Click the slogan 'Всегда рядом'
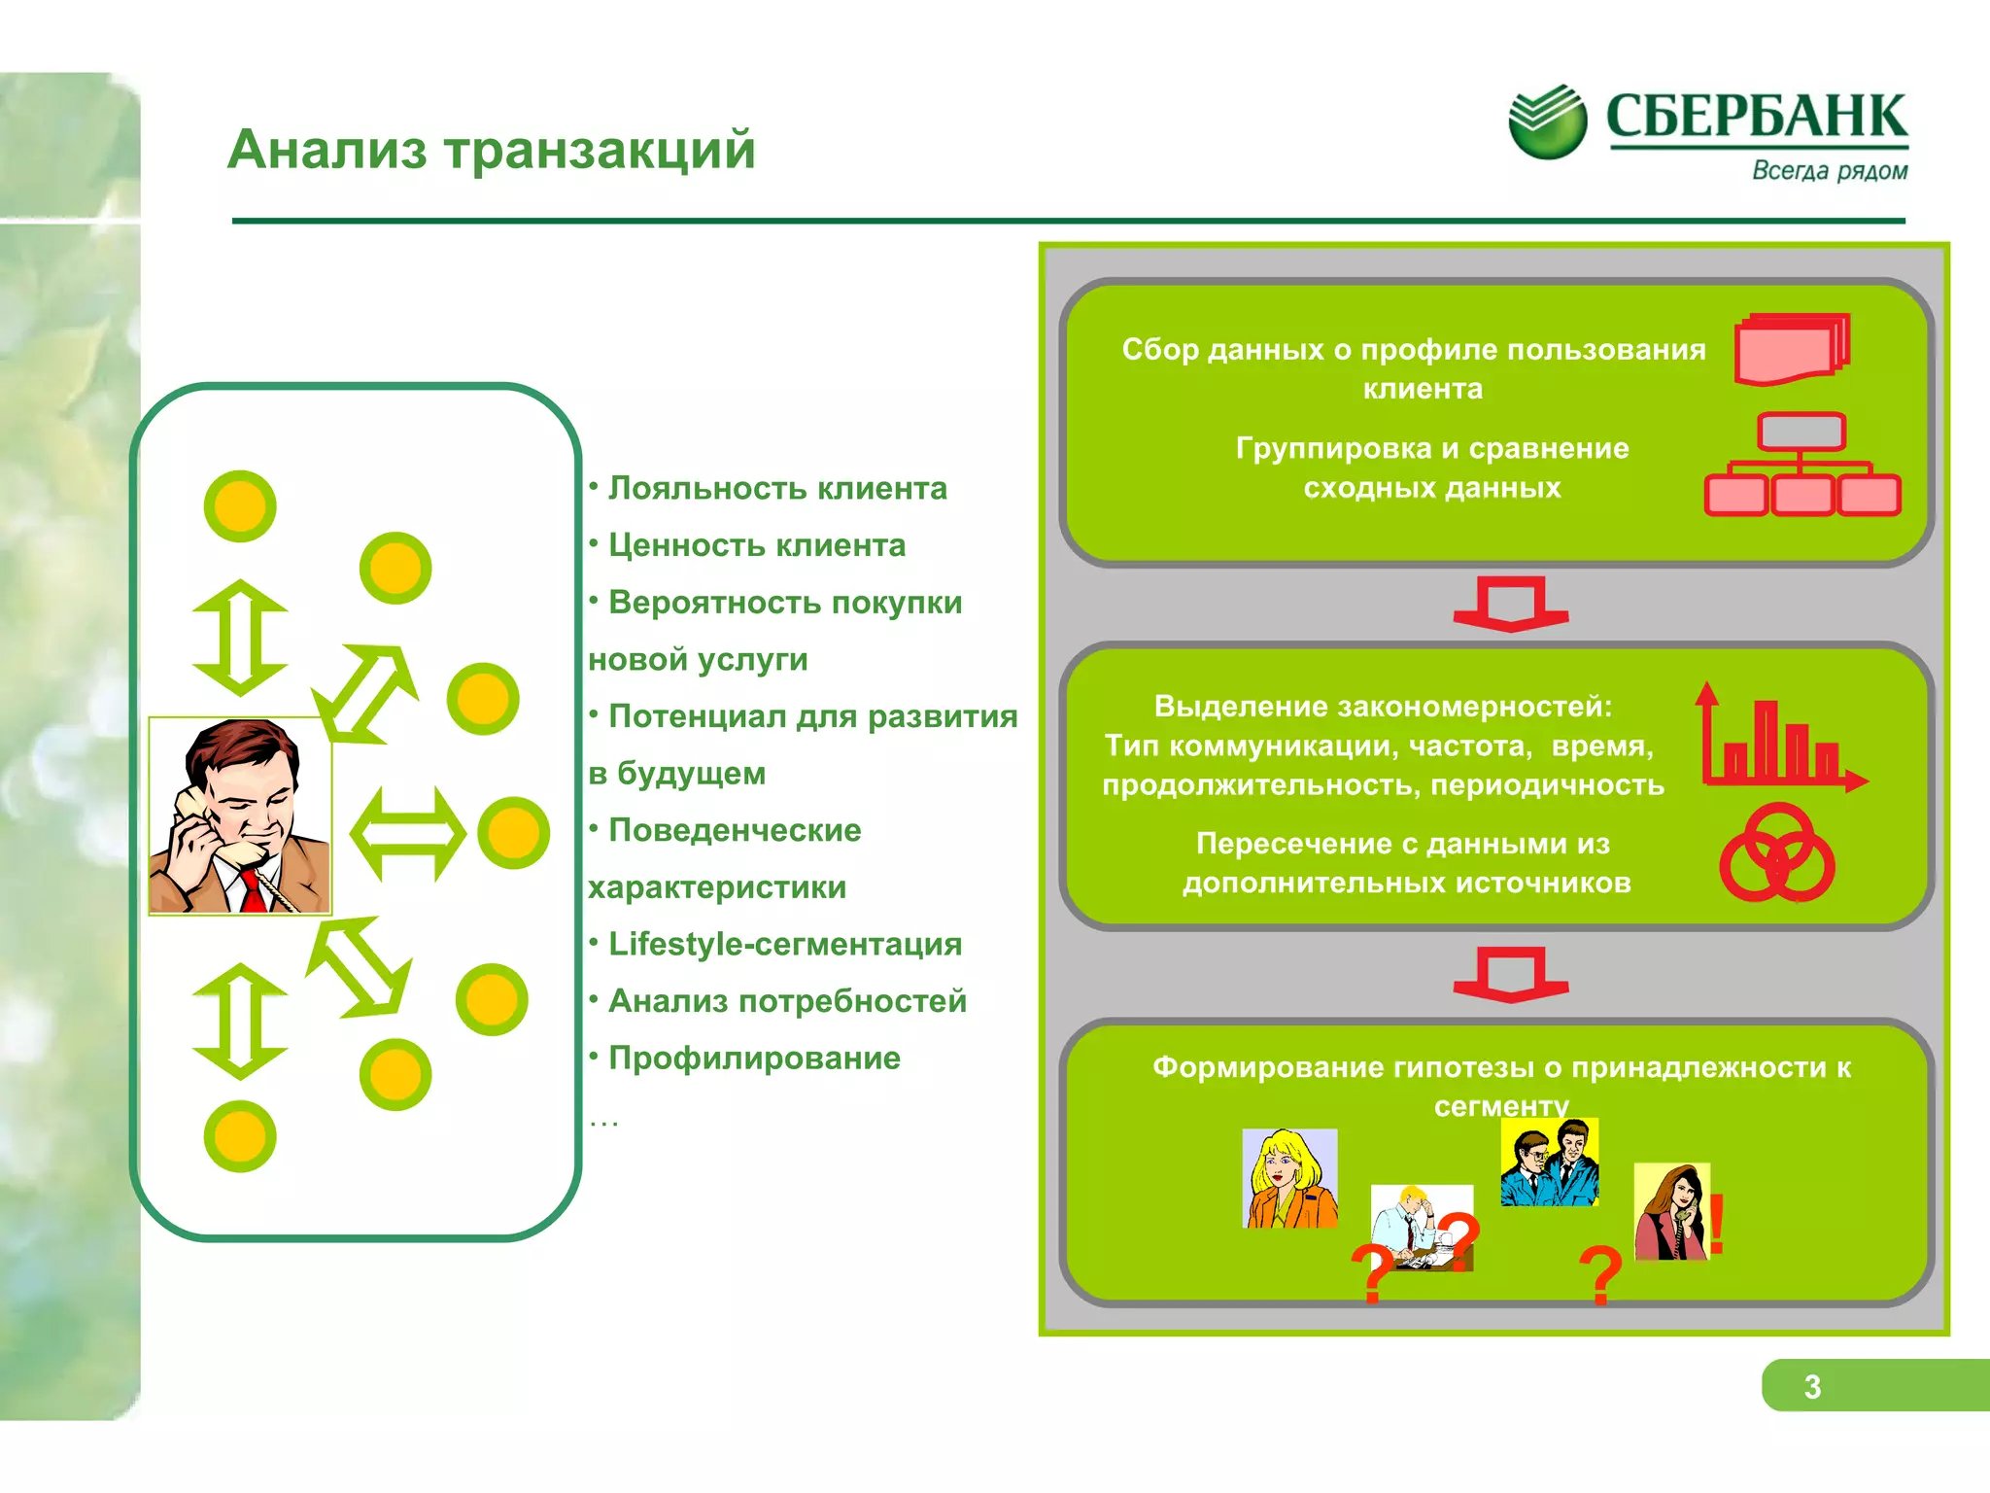(x=1829, y=171)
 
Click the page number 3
(x=1812, y=1386)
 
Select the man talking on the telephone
(x=240, y=816)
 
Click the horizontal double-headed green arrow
(x=407, y=834)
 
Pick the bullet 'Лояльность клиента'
(x=776, y=488)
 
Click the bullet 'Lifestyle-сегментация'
(x=784, y=944)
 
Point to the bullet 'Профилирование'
(x=754, y=1058)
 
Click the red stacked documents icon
(x=1792, y=349)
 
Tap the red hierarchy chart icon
(x=1801, y=466)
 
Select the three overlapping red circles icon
(x=1777, y=852)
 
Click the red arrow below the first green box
(x=1510, y=604)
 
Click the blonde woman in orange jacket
(x=1290, y=1178)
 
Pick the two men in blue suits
(x=1549, y=1162)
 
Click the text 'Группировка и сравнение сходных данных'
(x=1431, y=468)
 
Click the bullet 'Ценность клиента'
(x=756, y=545)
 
